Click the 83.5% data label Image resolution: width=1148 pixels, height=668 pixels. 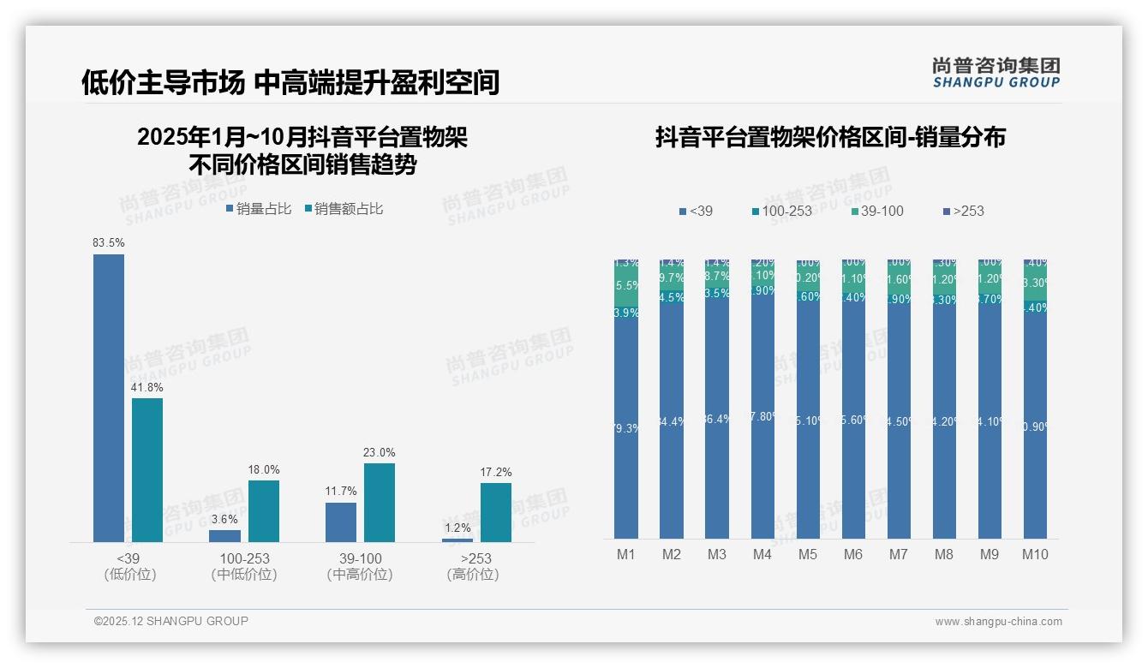[x=109, y=243]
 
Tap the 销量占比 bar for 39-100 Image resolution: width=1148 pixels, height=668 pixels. [x=341, y=522]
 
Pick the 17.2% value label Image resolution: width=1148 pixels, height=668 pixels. [x=496, y=473]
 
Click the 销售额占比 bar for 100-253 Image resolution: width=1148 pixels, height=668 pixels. [x=264, y=510]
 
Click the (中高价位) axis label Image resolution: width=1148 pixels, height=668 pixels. [x=360, y=575]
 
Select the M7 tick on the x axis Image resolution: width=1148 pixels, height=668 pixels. [x=898, y=554]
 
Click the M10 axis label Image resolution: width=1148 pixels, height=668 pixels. [x=1035, y=554]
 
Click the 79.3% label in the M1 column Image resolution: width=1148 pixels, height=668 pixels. [x=627, y=428]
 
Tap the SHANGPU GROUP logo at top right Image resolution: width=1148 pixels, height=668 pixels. [x=996, y=73]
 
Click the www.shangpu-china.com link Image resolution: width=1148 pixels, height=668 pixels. [x=998, y=622]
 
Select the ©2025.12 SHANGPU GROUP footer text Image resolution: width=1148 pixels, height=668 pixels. [x=171, y=621]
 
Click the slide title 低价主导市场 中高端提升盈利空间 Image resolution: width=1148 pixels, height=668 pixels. [x=290, y=82]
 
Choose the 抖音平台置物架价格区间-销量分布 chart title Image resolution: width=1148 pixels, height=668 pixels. [x=830, y=137]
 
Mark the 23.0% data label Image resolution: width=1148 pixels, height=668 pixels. [x=380, y=453]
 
